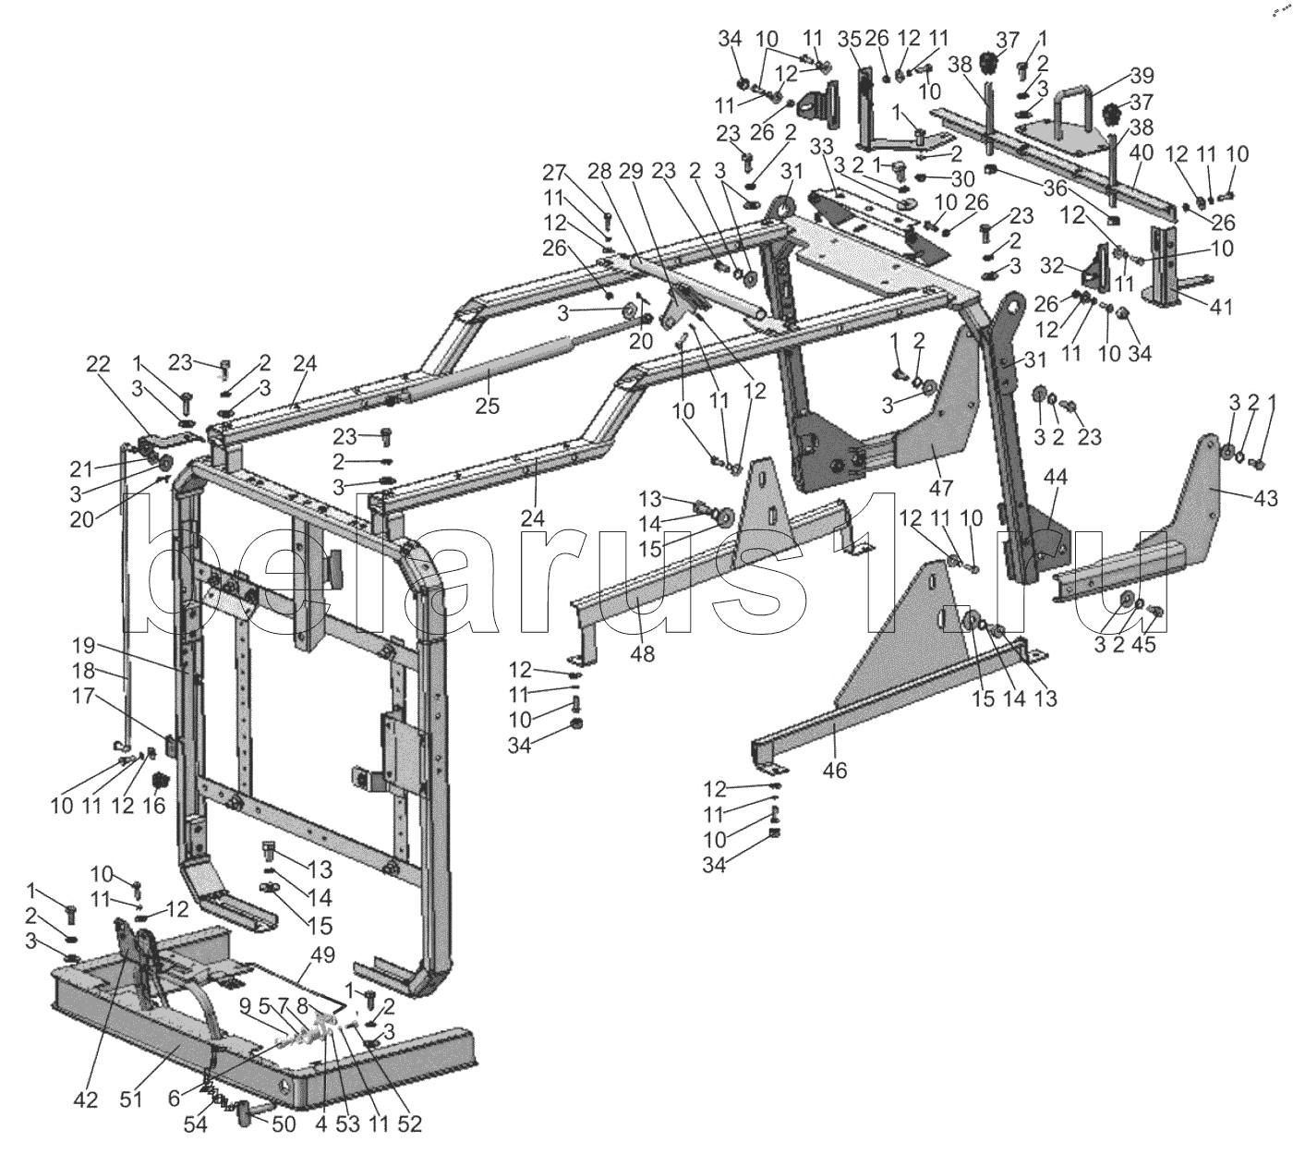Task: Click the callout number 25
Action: tap(485, 404)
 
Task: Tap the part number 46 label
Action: tap(834, 769)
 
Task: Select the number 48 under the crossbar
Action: tap(643, 653)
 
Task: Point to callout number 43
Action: tap(1265, 499)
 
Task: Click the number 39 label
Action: tap(1142, 76)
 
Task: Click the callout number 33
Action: tap(822, 147)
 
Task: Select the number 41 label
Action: tap(1221, 308)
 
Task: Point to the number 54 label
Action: tap(196, 1124)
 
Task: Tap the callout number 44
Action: tap(1055, 478)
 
